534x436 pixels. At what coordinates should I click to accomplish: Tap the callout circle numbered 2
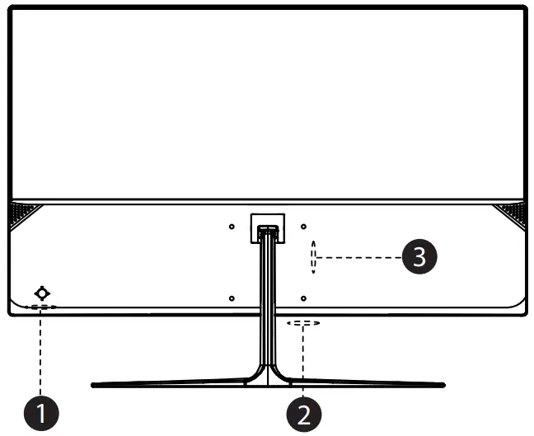tap(304, 410)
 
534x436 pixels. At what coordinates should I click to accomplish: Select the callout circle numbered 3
tap(419, 257)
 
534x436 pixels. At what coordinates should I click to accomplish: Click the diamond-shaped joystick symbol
tap(42, 293)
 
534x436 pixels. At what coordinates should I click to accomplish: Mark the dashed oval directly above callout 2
tap(303, 324)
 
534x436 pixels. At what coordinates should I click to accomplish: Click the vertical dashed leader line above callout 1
tap(40, 350)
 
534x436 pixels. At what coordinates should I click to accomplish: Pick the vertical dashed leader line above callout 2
tap(304, 359)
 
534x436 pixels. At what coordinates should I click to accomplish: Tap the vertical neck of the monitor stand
tap(267, 305)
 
